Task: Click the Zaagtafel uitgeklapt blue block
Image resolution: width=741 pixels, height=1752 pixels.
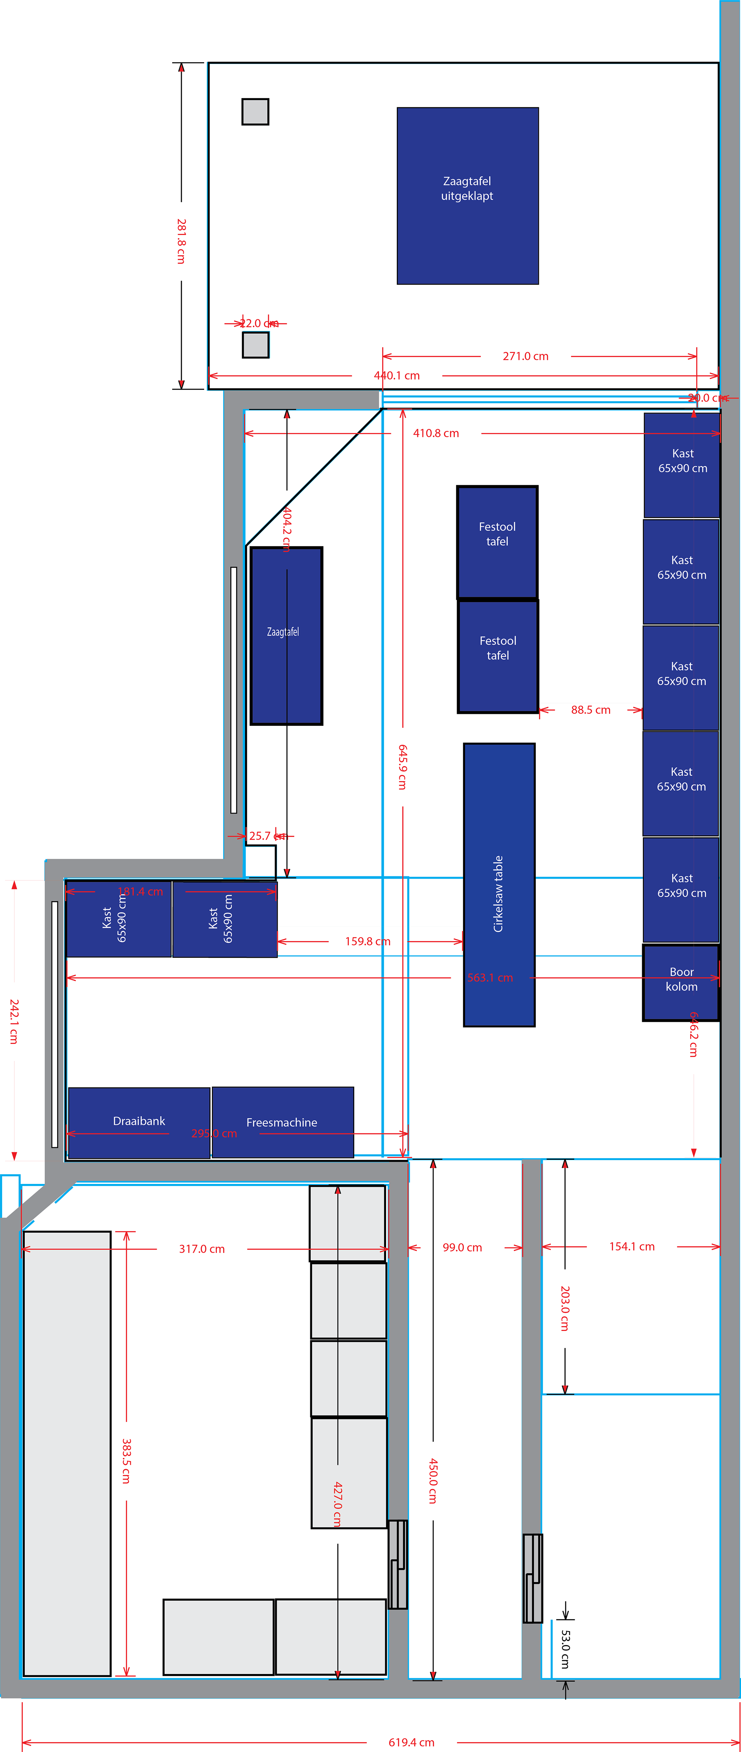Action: [467, 196]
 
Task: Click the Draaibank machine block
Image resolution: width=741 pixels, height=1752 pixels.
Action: [139, 1122]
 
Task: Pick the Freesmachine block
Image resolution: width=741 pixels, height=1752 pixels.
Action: [283, 1122]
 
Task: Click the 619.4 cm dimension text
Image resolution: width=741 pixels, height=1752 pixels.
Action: [411, 1742]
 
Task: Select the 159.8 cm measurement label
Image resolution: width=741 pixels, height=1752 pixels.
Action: [367, 941]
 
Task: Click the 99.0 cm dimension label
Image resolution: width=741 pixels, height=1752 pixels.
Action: [462, 1247]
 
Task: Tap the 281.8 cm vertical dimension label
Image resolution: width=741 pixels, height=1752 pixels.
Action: [181, 242]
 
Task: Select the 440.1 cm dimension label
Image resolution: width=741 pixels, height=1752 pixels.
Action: [397, 375]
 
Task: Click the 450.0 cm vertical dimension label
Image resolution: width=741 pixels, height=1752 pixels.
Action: [433, 1481]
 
